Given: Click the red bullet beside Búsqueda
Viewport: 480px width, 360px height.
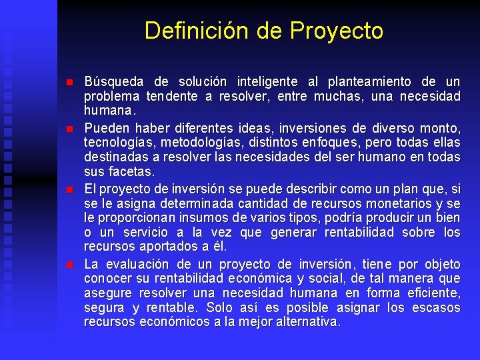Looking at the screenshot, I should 69,83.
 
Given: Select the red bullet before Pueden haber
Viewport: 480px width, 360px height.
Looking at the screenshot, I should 69,127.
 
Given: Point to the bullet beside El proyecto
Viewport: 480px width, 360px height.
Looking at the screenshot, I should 69,189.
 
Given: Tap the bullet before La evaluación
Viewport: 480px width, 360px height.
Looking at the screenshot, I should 69,265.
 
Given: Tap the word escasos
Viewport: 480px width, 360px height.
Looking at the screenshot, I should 437,307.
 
